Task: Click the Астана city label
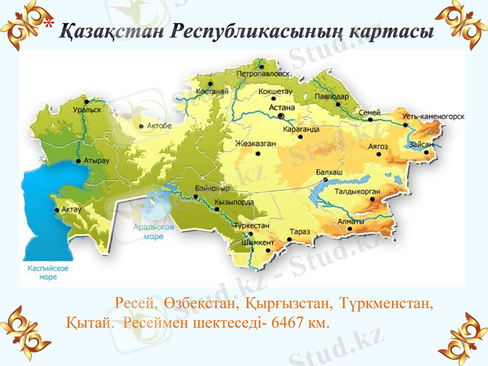[281, 106]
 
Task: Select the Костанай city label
[212, 91]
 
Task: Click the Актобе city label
[159, 126]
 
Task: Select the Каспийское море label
[48, 272]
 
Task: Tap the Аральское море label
[153, 232]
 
